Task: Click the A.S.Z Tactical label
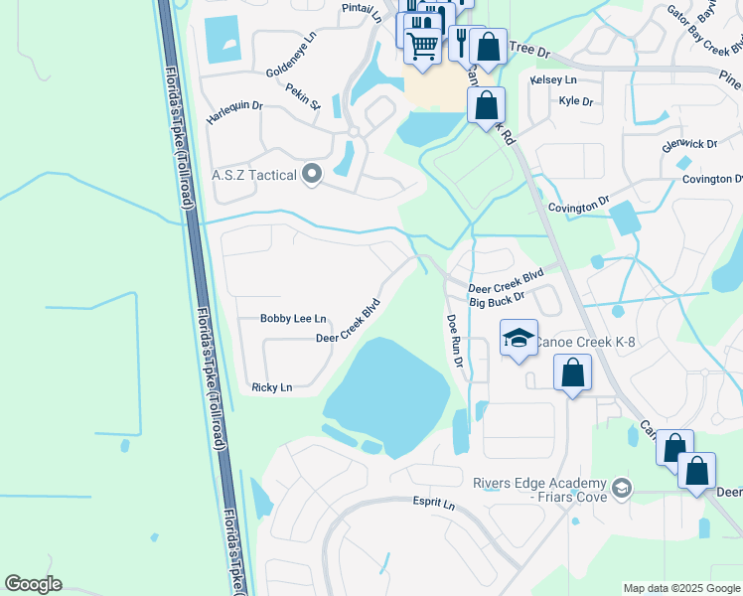[x=254, y=176]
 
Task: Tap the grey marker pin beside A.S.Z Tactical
[x=312, y=175]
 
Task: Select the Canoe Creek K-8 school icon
[x=519, y=339]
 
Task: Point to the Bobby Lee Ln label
[x=293, y=319]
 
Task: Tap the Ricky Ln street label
[x=272, y=387]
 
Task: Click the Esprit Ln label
[x=434, y=504]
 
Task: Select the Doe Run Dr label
[x=455, y=343]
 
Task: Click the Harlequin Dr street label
[x=234, y=111]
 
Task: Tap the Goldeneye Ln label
[x=290, y=61]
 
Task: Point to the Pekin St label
[x=304, y=95]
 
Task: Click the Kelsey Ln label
[x=553, y=79]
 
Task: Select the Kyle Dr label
[x=575, y=101]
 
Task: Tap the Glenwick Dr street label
[x=689, y=144]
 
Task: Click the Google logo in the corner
[x=33, y=584]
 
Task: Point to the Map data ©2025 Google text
[x=680, y=588]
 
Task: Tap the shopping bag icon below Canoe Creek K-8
[x=572, y=373]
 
